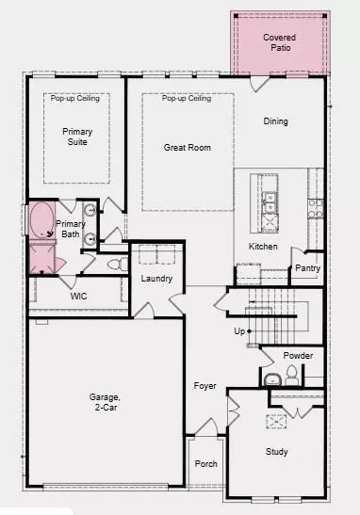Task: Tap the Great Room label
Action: click(x=187, y=147)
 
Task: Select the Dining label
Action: click(x=276, y=121)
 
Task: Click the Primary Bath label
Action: click(x=71, y=229)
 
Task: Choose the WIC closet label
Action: click(x=79, y=296)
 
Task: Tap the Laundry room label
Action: click(x=156, y=279)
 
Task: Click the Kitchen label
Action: click(x=263, y=246)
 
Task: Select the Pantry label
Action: click(x=307, y=268)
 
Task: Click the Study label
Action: click(x=276, y=451)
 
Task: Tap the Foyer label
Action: click(x=205, y=386)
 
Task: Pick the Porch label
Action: click(x=205, y=464)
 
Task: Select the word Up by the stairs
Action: click(x=241, y=331)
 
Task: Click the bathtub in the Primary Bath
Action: click(x=41, y=221)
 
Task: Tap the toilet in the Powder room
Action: click(x=292, y=376)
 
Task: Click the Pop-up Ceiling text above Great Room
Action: click(x=187, y=99)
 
